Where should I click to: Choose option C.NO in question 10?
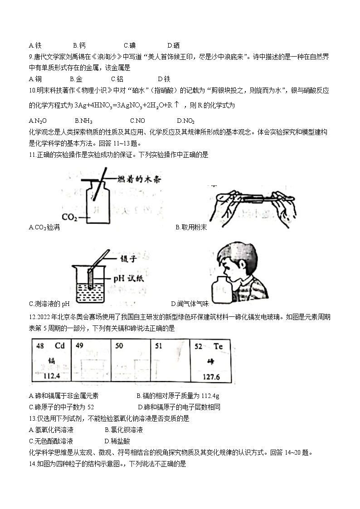(x=137, y=121)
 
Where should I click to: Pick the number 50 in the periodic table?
(x=119, y=346)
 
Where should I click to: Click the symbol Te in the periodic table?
(x=219, y=346)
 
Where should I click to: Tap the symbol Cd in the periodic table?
(x=60, y=346)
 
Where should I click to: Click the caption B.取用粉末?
(x=191, y=227)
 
